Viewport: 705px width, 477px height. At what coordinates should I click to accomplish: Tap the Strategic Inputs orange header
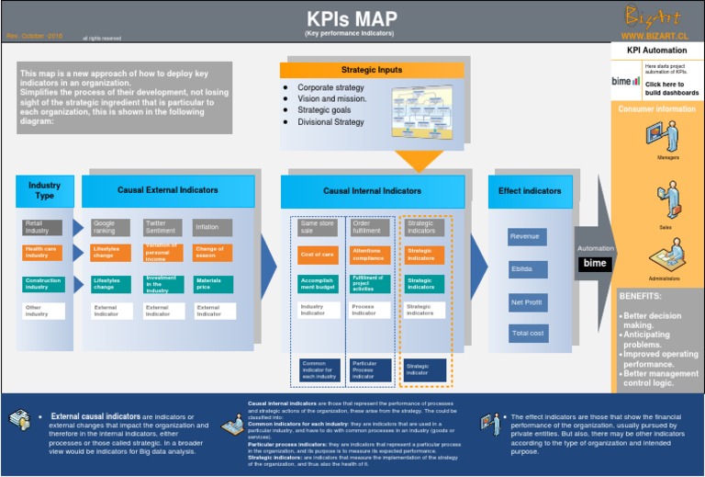point(372,70)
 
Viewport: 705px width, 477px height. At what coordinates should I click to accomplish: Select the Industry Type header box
point(44,190)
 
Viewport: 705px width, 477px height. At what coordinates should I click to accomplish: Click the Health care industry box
point(43,252)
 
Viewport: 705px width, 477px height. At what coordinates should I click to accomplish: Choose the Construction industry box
point(43,284)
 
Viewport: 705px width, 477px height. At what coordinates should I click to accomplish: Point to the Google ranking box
point(111,227)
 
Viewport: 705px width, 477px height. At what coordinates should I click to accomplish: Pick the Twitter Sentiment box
point(162,227)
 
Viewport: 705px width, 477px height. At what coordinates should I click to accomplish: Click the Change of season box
point(212,252)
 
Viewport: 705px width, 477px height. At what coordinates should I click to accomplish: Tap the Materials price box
point(212,284)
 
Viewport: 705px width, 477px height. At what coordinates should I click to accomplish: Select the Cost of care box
point(319,254)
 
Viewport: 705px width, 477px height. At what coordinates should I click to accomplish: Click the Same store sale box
point(319,227)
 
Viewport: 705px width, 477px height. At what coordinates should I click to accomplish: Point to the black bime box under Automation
point(595,264)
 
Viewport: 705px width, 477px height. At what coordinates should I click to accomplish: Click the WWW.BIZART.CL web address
point(655,36)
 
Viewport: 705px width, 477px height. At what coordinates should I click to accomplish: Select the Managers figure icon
point(667,137)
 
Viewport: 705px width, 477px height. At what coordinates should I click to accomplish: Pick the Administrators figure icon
point(667,256)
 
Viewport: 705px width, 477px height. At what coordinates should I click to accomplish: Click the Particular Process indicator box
point(369,369)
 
